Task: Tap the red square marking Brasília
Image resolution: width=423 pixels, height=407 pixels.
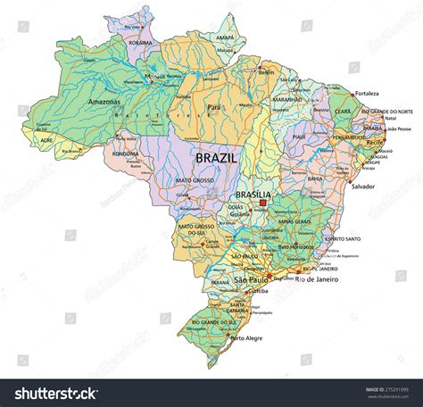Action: coord(263,204)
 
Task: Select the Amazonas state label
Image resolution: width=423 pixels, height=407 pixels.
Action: coord(105,104)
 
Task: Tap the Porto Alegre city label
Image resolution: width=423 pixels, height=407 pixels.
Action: coord(247,339)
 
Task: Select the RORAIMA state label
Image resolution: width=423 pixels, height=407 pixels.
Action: coord(139,41)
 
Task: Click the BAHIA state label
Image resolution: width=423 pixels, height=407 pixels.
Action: coord(314,179)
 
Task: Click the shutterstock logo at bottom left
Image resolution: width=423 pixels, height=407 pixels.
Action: coord(53,393)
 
